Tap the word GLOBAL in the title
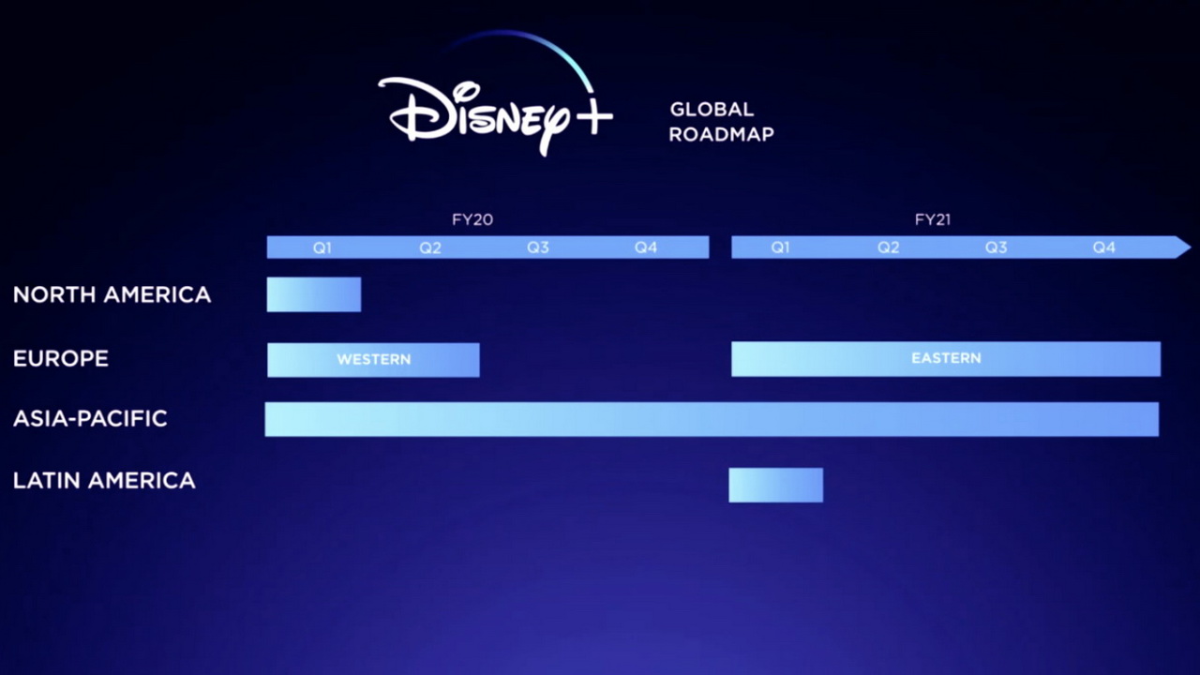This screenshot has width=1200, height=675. tap(712, 110)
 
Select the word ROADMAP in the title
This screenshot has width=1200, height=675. tap(722, 134)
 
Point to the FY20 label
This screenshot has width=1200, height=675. tap(472, 219)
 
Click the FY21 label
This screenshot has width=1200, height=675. tap(933, 219)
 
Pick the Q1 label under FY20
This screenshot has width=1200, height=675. tap(322, 247)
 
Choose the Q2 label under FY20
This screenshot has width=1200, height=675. tap(430, 247)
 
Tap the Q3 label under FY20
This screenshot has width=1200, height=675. tap(538, 247)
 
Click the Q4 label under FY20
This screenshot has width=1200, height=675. tap(646, 247)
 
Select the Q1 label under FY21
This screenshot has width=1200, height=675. tap(781, 247)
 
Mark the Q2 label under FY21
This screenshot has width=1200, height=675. tap(888, 247)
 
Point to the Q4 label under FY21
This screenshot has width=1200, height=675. tap(1104, 247)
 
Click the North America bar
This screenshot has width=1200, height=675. tap(314, 294)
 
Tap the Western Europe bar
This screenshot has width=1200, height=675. tap(373, 360)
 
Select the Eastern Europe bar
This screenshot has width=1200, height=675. tap(946, 359)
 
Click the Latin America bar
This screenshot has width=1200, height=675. tap(775, 485)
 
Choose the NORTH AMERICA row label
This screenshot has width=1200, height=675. tap(112, 294)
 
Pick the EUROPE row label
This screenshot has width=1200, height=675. tap(61, 358)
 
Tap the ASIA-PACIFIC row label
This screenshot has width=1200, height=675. tap(91, 418)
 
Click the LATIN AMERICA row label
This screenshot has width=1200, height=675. tap(104, 481)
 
